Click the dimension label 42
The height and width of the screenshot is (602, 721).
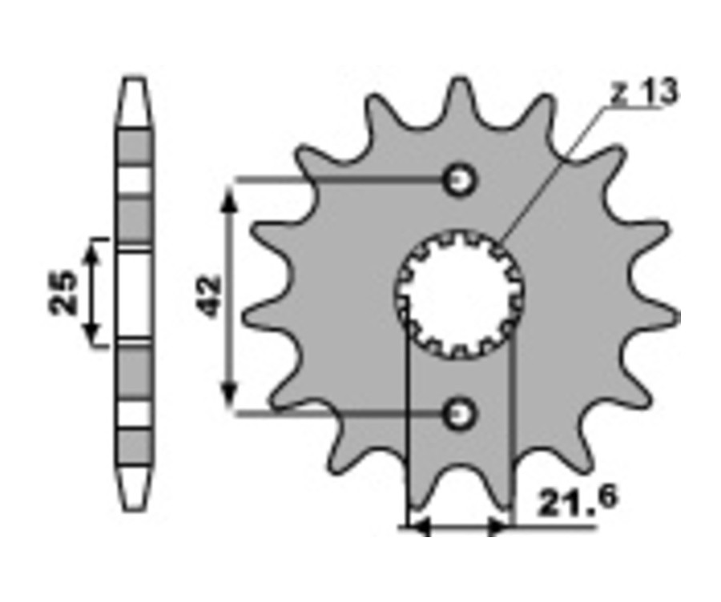coord(210,296)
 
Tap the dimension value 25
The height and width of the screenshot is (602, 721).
coord(63,293)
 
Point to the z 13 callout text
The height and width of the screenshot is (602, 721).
coord(644,92)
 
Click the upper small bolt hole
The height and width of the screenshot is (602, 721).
coord(458,179)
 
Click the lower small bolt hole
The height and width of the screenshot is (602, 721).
coord(458,414)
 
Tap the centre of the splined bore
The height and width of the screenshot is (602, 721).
coord(459,294)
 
